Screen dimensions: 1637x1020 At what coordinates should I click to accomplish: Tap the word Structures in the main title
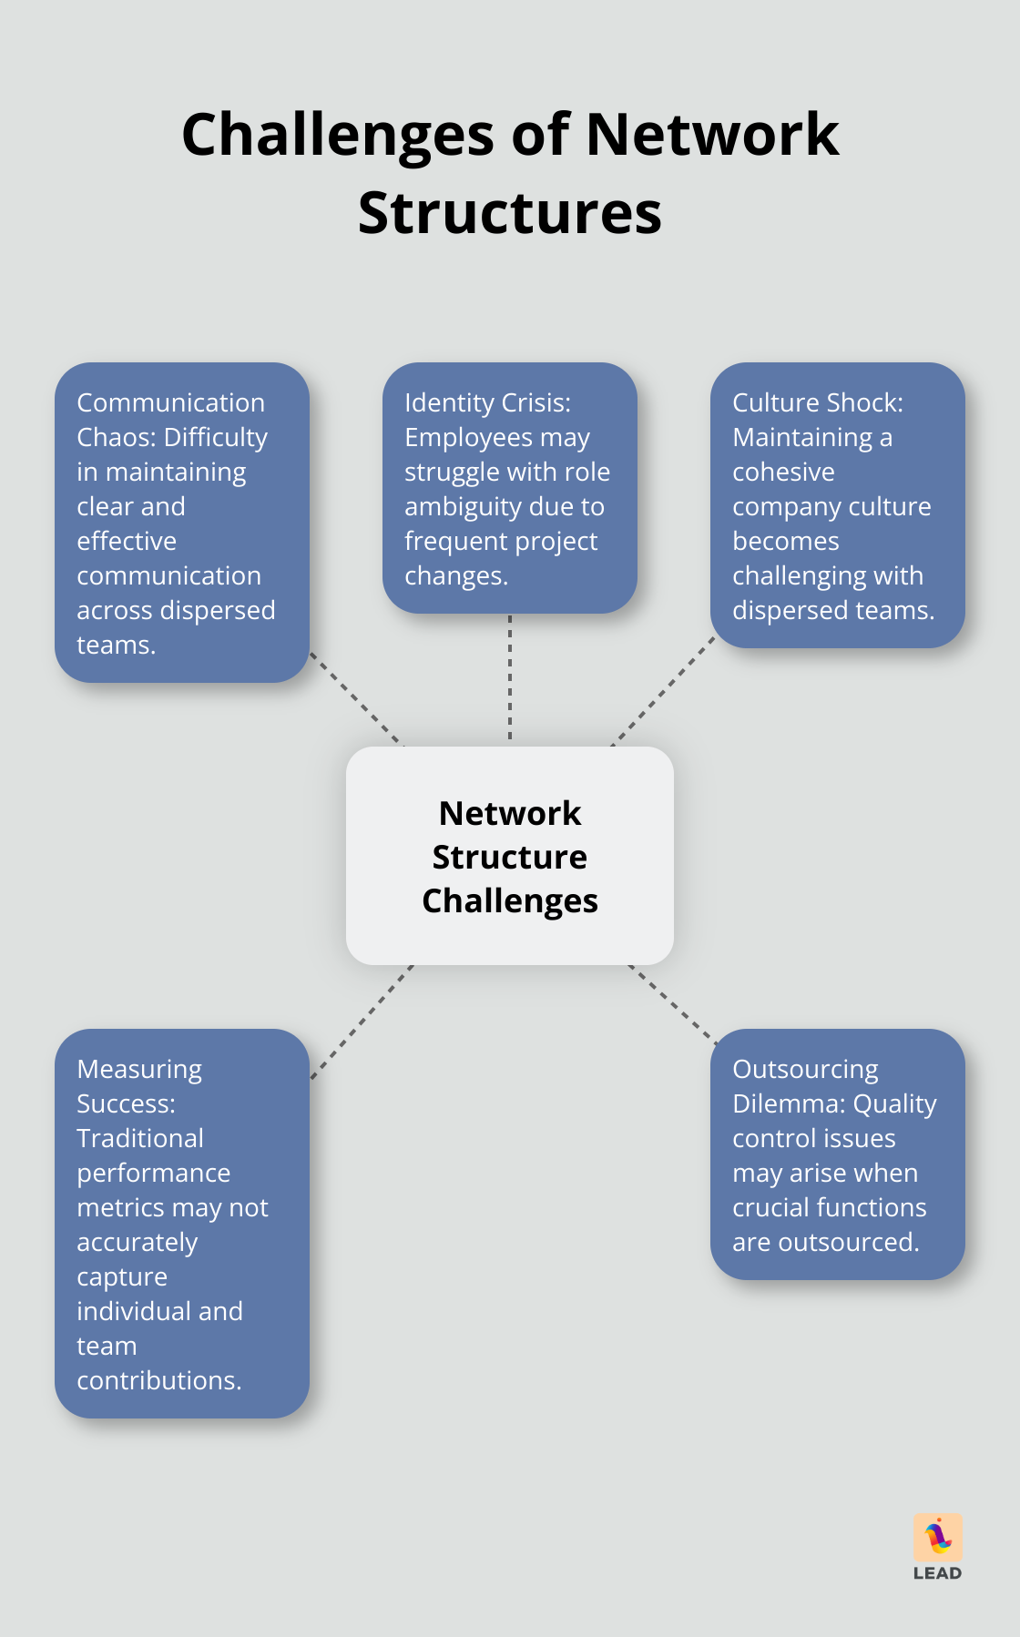[510, 214]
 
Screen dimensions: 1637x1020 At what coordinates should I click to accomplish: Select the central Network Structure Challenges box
[510, 856]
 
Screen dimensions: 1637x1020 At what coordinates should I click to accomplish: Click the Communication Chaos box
[182, 523]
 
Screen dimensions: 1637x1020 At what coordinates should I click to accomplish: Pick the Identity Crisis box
[510, 488]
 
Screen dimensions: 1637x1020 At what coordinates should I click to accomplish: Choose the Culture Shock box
[837, 505]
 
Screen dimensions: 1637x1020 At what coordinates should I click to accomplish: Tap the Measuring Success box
[182, 1223]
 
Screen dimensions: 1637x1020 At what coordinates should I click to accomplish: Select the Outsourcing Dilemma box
[837, 1154]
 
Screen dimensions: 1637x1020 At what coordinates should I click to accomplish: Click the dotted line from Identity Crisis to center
[510, 679]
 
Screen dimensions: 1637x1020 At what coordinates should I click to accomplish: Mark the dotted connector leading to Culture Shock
[663, 691]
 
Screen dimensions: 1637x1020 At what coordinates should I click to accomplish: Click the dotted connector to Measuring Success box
[362, 1022]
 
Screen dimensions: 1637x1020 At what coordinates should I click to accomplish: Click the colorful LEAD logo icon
[938, 1537]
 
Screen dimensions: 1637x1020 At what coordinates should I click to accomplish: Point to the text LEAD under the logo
[938, 1573]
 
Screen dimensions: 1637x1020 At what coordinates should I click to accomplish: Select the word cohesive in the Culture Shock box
[783, 473]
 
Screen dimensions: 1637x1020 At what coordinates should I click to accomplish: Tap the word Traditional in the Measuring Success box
[140, 1139]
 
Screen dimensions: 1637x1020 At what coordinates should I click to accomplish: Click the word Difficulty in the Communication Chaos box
[216, 438]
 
